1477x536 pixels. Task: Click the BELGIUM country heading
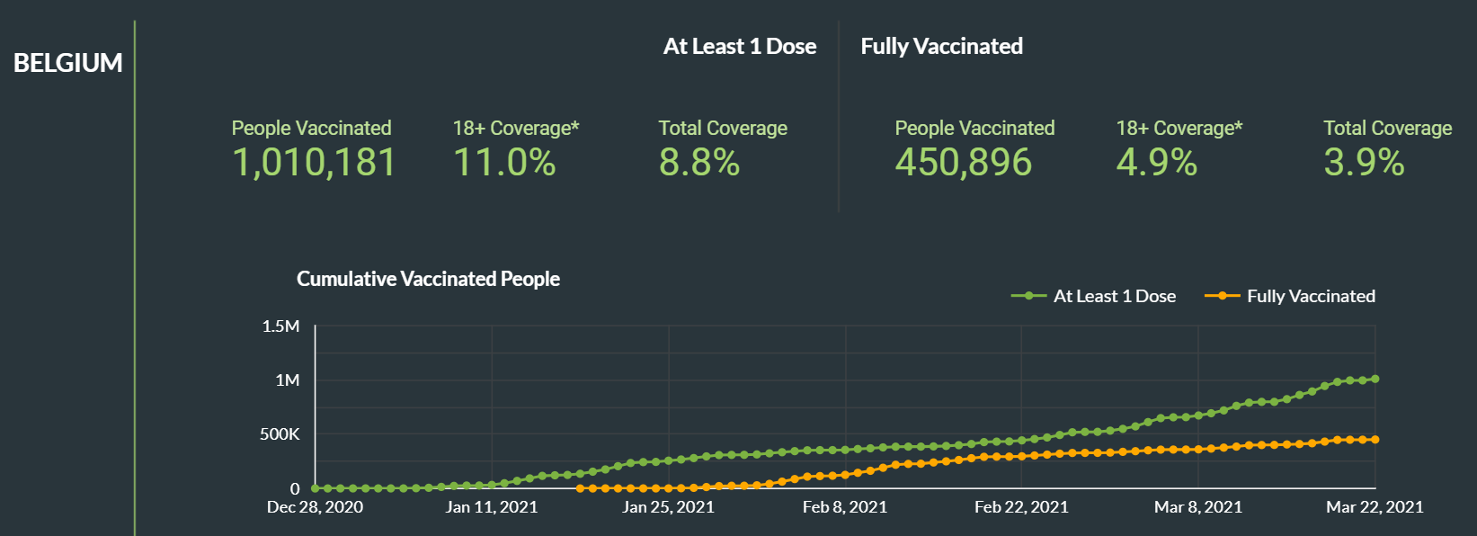pyautogui.click(x=68, y=63)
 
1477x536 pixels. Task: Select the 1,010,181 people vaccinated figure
pyautogui.click(x=314, y=163)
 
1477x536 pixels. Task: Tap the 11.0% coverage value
pyautogui.click(x=504, y=163)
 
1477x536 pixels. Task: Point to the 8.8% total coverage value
pyautogui.click(x=699, y=163)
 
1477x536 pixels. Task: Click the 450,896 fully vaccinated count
pyautogui.click(x=964, y=163)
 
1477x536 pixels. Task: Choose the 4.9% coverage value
pyautogui.click(x=1157, y=163)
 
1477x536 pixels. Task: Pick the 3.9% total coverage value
pyautogui.click(x=1364, y=163)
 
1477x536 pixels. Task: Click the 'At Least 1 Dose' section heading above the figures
pyautogui.click(x=740, y=47)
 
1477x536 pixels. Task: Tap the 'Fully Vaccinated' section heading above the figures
pyautogui.click(x=942, y=47)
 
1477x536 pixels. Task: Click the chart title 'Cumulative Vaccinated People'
pyautogui.click(x=428, y=279)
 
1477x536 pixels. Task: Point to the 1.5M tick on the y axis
pyautogui.click(x=281, y=326)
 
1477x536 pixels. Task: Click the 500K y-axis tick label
pyautogui.click(x=280, y=434)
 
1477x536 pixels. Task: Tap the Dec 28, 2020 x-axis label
pyautogui.click(x=316, y=507)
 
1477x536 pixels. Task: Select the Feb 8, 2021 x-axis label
pyautogui.click(x=845, y=507)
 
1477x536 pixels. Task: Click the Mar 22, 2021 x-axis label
pyautogui.click(x=1375, y=507)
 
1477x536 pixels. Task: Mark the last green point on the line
pyautogui.click(x=1375, y=379)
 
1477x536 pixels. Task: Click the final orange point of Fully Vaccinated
pyautogui.click(x=1375, y=440)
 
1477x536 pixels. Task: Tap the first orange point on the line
pyautogui.click(x=580, y=488)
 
